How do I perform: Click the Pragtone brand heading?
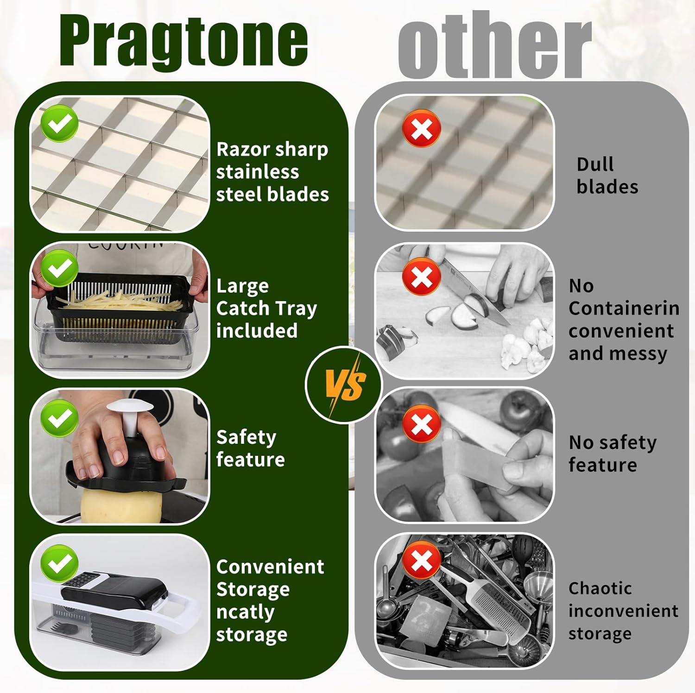(183, 42)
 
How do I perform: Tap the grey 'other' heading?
(494, 44)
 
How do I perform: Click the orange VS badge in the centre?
(344, 384)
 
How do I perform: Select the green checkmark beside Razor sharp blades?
(59, 123)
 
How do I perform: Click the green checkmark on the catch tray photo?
(59, 268)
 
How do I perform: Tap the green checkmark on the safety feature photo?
(59, 418)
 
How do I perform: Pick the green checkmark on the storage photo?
(59, 563)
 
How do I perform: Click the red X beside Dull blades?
(422, 128)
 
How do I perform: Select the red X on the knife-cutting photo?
(422, 277)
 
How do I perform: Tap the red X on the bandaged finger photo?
(422, 423)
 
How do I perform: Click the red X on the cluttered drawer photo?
(422, 560)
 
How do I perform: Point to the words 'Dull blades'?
(607, 176)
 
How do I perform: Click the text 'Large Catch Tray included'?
(266, 309)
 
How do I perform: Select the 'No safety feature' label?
(612, 454)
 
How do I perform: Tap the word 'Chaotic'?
(600, 588)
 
